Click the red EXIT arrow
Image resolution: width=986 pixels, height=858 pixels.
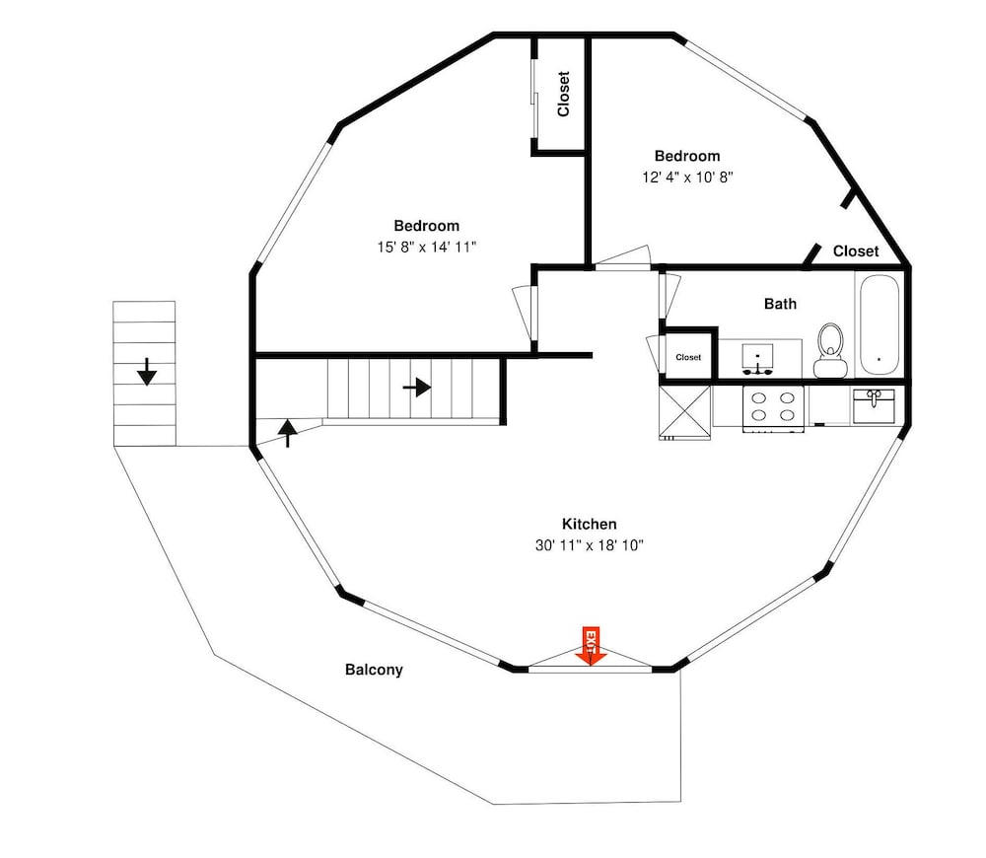click(591, 646)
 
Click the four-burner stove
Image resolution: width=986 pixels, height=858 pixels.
click(773, 408)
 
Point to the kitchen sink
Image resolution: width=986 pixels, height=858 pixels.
click(874, 406)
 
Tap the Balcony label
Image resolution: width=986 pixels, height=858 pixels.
click(374, 670)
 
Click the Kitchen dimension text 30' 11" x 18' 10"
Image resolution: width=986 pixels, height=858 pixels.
click(590, 545)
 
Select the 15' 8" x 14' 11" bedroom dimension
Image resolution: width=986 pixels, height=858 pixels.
click(427, 248)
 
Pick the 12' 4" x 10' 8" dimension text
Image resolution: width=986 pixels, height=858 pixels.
click(687, 178)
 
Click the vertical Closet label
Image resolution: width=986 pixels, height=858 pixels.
click(563, 94)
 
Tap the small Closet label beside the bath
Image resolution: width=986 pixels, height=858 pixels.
click(688, 357)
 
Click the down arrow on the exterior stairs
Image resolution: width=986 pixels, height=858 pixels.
click(147, 372)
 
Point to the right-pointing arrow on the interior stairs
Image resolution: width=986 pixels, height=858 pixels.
click(416, 387)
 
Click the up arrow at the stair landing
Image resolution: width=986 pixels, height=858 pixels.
click(287, 433)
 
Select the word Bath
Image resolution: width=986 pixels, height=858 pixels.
click(780, 304)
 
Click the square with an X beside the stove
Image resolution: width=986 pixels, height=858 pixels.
click(685, 412)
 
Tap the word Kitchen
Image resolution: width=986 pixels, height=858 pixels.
click(590, 524)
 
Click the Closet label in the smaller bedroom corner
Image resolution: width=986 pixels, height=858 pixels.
click(856, 250)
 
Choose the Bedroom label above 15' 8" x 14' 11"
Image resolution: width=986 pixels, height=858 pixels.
click(426, 225)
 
